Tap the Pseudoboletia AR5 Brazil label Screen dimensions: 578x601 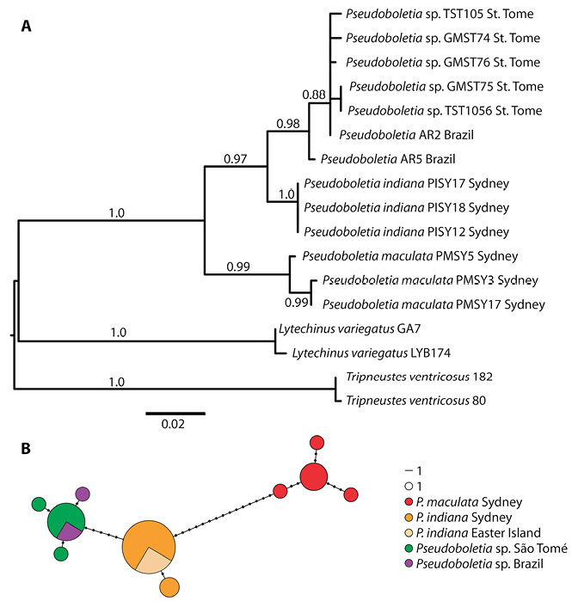(x=388, y=159)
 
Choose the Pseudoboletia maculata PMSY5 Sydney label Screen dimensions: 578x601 (x=410, y=256)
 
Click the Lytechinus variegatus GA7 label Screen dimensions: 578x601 (x=350, y=328)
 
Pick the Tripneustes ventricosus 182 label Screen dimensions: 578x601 (x=419, y=377)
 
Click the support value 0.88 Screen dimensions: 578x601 (x=314, y=95)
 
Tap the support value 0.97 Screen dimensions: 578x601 (x=235, y=158)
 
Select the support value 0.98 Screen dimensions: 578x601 (x=288, y=124)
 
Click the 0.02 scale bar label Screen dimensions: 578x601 (x=173, y=424)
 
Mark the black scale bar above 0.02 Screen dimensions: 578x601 (x=175, y=414)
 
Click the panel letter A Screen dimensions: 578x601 (x=26, y=26)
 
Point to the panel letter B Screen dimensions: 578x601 (x=26, y=449)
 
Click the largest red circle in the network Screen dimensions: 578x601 (x=314, y=477)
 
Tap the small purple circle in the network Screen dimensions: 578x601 (x=83, y=494)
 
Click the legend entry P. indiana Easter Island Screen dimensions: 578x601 (x=473, y=533)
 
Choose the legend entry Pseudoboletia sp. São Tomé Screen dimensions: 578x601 (x=486, y=549)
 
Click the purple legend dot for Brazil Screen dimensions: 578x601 (x=409, y=564)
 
